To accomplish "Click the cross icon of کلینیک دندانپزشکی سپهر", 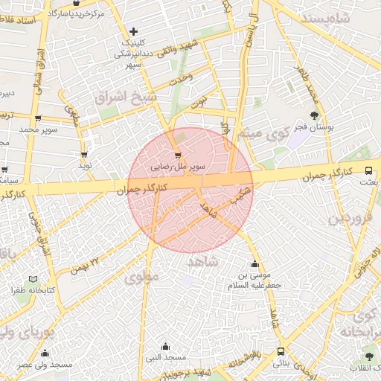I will tap(133, 31).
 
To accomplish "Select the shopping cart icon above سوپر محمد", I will tap(37, 118).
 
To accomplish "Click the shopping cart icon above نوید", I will tap(84, 154).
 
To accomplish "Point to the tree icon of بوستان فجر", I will tap(315, 115).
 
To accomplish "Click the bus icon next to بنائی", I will tap(281, 351).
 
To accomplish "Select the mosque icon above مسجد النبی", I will tap(165, 346).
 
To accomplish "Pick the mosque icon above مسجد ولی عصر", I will tap(45, 353).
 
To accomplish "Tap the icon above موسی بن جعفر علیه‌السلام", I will tap(255, 264).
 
